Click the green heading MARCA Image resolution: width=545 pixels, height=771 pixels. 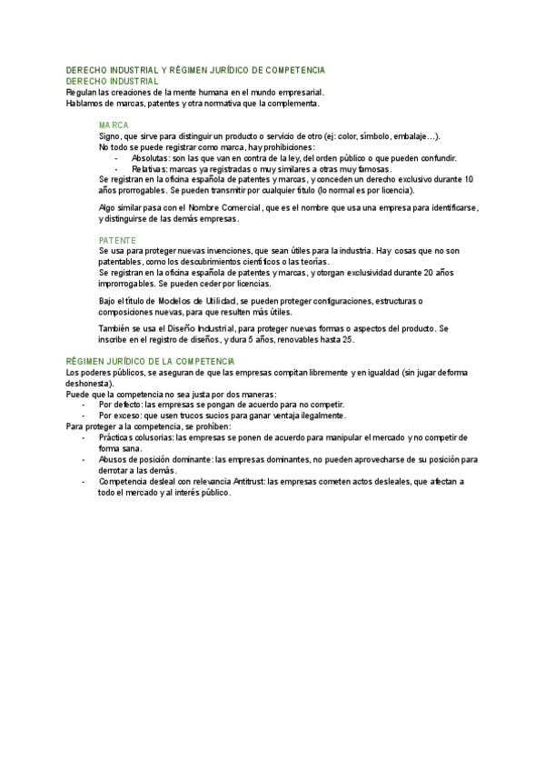tap(114, 125)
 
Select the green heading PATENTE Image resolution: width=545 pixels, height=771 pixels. tap(116, 240)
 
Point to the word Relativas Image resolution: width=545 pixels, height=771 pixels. tap(150, 169)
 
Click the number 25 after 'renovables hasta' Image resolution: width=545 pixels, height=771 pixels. tap(348, 339)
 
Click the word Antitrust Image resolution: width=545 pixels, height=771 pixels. tap(236, 481)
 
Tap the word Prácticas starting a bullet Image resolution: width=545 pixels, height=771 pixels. tap(117, 437)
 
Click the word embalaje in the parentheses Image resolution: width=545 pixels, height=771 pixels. tap(408, 136)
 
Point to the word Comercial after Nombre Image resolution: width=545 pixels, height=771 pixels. tap(238, 208)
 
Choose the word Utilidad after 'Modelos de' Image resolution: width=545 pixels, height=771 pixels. tap(221, 300)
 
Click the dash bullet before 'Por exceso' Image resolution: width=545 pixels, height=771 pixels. tap(84, 416)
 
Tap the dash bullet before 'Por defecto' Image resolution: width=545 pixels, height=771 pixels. tap(84, 405)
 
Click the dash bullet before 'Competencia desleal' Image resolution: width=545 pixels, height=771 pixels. tap(84, 481)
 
